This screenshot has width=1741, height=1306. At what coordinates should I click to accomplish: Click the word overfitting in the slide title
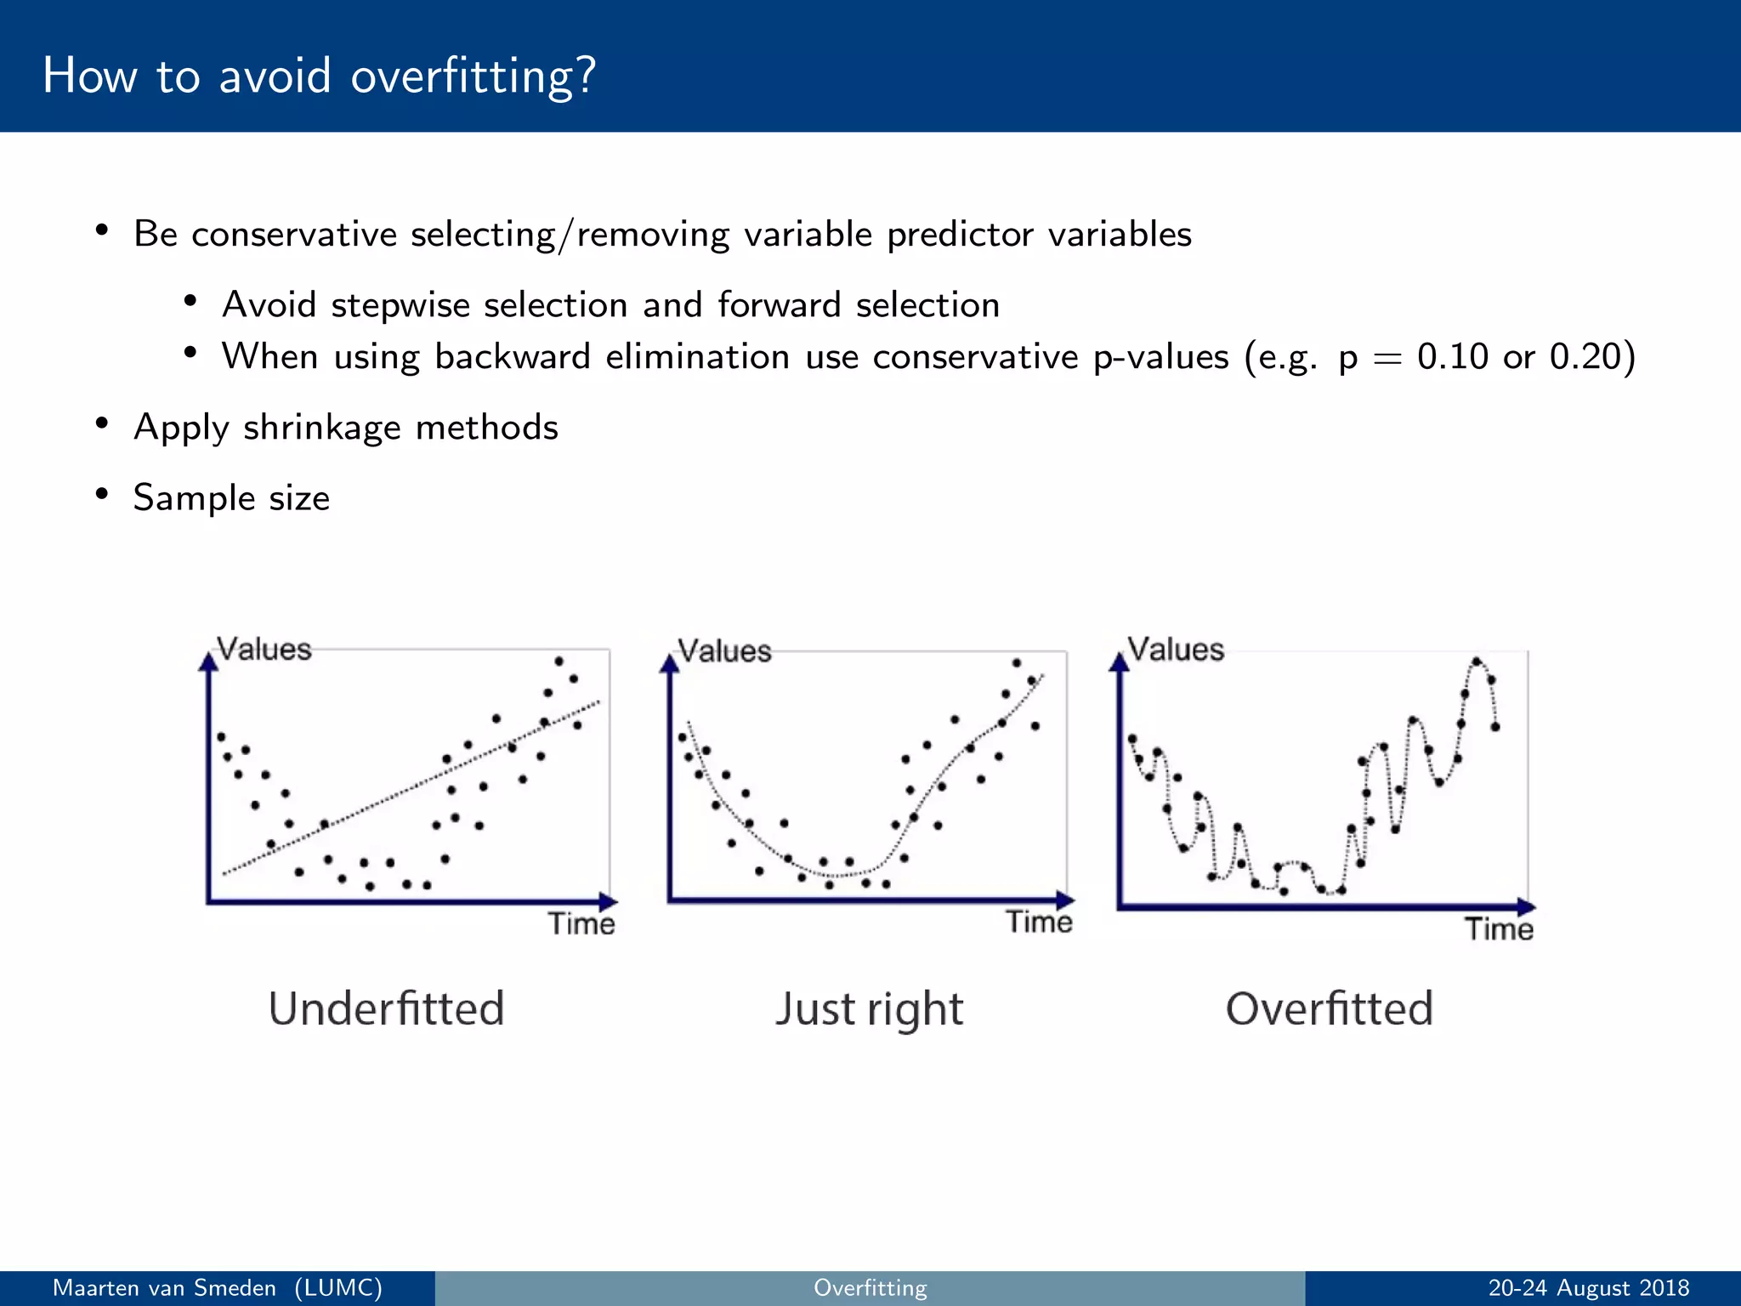pos(473,77)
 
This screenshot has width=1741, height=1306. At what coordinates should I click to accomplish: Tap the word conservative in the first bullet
pos(294,234)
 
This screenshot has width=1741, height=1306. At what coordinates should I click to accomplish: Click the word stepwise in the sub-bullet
pos(400,304)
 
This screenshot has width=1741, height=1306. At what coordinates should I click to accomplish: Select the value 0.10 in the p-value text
pos(1452,356)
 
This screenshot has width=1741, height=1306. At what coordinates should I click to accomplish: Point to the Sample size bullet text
pos(231,497)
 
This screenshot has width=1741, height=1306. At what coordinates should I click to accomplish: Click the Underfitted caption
pos(386,1008)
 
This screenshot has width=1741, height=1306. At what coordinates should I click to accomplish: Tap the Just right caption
pos(868,1009)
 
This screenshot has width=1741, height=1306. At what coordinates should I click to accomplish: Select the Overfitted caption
pos(1329,1008)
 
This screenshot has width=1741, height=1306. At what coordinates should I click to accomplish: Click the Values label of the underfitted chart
pos(264,650)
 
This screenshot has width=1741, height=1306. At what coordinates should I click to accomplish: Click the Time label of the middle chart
pos(1038,923)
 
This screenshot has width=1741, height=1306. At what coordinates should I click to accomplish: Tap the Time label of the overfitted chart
pos(1498,928)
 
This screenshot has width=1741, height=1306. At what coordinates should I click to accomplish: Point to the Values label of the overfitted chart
pos(1175,650)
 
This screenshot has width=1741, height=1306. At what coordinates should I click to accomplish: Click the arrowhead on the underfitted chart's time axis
pos(608,902)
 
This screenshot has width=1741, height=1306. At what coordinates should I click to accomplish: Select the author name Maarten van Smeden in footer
pos(164,1288)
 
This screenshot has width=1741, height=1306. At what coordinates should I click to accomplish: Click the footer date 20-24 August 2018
pos(1588,1288)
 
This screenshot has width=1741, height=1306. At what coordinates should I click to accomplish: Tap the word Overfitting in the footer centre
pos(870,1288)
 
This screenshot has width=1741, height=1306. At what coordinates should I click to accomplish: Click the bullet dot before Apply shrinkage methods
pos(102,423)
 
